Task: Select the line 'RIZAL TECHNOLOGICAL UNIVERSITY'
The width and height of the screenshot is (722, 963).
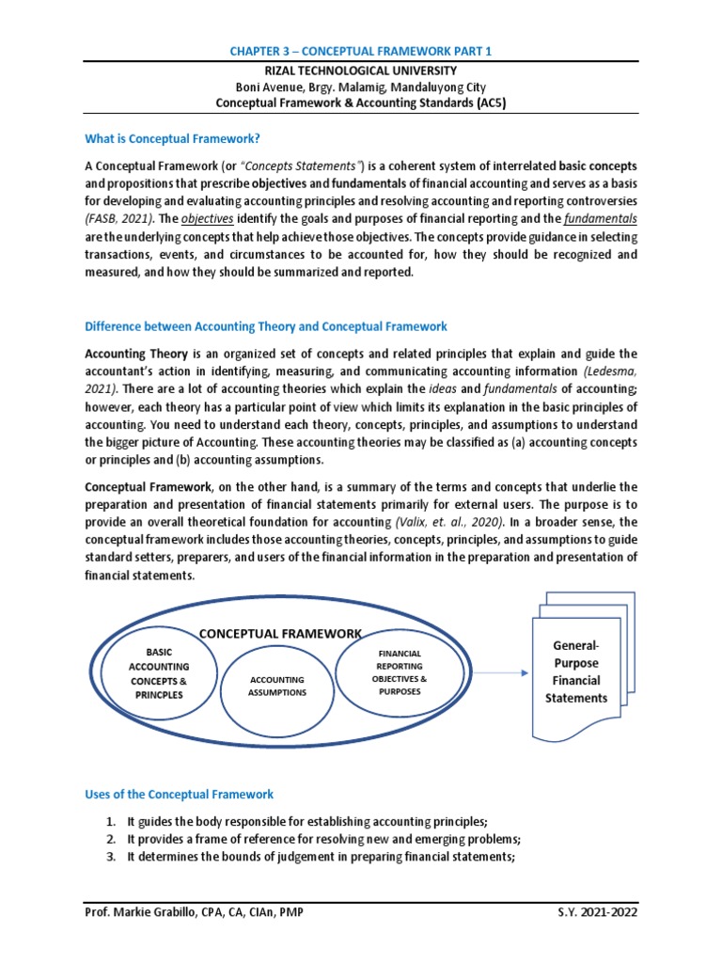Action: pos(360,71)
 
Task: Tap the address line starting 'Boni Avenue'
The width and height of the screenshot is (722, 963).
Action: pos(360,87)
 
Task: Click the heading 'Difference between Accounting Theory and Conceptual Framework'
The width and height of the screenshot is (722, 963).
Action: pos(266,326)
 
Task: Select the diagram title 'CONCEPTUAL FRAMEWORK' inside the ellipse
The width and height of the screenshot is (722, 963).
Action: pos(278,633)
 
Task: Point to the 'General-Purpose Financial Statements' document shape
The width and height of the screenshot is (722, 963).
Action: pos(576,672)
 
